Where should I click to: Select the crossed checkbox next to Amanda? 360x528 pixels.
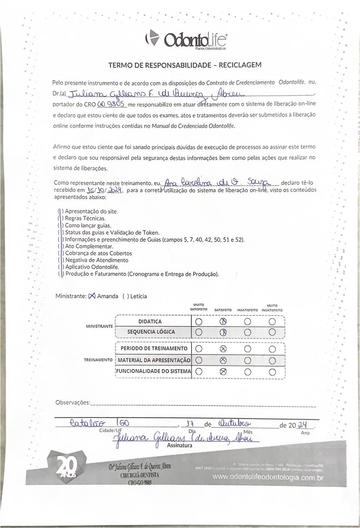pyautogui.click(x=92, y=296)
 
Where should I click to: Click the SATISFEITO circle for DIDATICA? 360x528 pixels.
pyautogui.click(x=223, y=322)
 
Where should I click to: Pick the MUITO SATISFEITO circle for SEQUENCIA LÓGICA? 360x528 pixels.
pyautogui.click(x=199, y=332)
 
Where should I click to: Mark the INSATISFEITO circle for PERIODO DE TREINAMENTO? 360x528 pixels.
pyautogui.click(x=247, y=349)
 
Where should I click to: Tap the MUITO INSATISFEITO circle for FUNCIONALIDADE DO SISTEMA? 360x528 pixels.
pyautogui.click(x=272, y=372)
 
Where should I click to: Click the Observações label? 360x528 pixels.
pyautogui.click(x=72, y=402)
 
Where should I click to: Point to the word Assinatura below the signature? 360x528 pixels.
pyautogui.click(x=180, y=445)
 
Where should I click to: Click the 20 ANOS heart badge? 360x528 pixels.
pyautogui.click(x=66, y=468)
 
